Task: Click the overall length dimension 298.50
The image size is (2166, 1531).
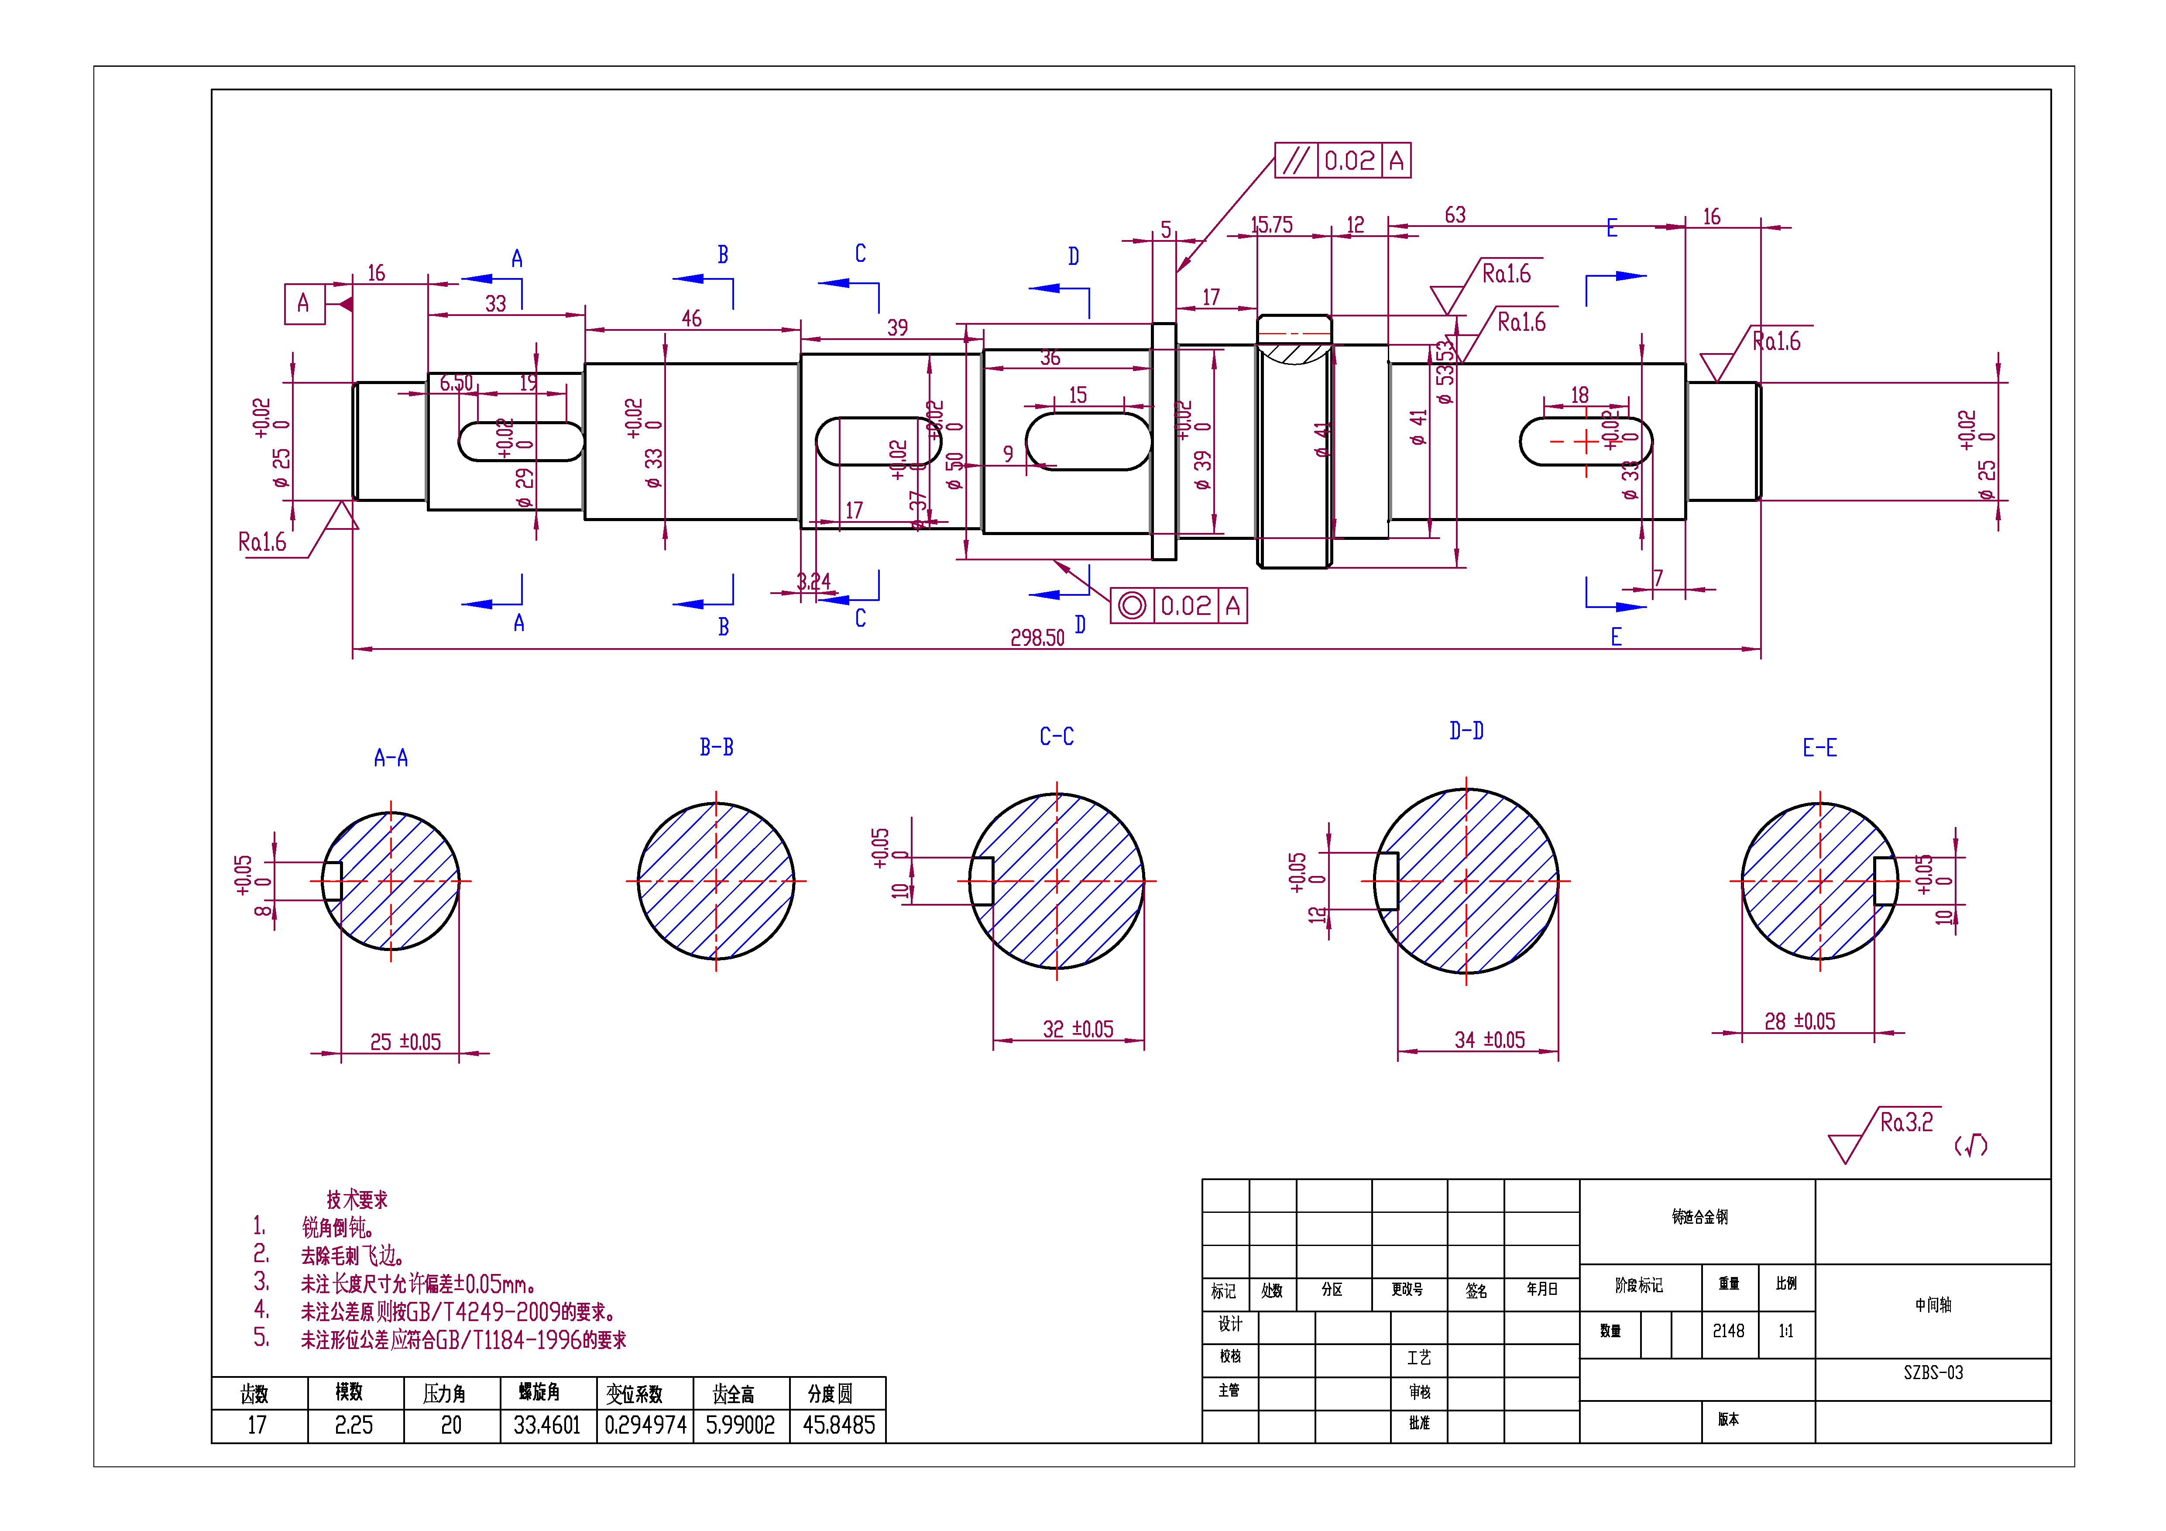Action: tap(1037, 638)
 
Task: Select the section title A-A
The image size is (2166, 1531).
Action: tap(391, 758)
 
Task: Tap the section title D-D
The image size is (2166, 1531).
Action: tap(1466, 731)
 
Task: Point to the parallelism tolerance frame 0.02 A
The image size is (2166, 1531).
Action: tap(1342, 160)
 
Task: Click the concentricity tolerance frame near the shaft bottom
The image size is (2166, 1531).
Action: tap(1178, 606)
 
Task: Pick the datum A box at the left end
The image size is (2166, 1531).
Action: tap(304, 304)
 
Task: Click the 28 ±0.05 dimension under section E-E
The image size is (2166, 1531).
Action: tap(1799, 1022)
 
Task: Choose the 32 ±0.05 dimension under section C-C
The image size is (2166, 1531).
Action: tap(1078, 1029)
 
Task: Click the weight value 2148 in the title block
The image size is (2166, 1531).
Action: tap(1728, 1331)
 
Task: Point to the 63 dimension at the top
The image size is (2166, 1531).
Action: tap(1455, 215)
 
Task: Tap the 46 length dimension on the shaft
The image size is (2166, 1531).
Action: tap(691, 319)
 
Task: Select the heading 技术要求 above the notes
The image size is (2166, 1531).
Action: tap(357, 1200)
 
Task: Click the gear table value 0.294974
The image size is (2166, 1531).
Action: tap(645, 1425)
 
